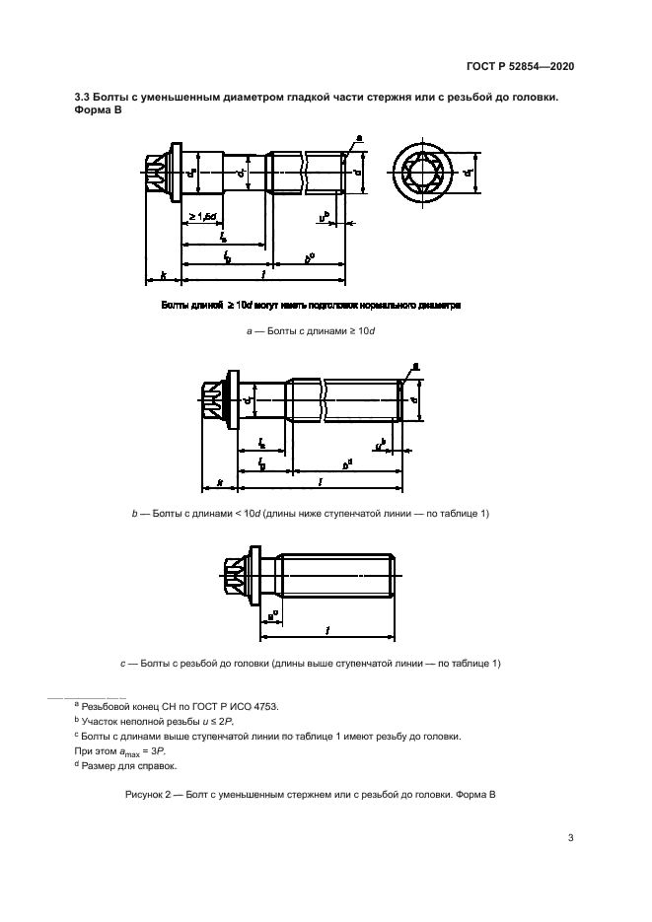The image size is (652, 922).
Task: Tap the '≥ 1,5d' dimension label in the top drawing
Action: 203,217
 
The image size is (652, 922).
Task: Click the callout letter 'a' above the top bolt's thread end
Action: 358,138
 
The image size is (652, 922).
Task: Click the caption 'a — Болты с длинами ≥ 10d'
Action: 311,331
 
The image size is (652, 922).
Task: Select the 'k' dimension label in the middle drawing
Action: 220,483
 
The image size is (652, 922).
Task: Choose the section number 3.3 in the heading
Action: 83,97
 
